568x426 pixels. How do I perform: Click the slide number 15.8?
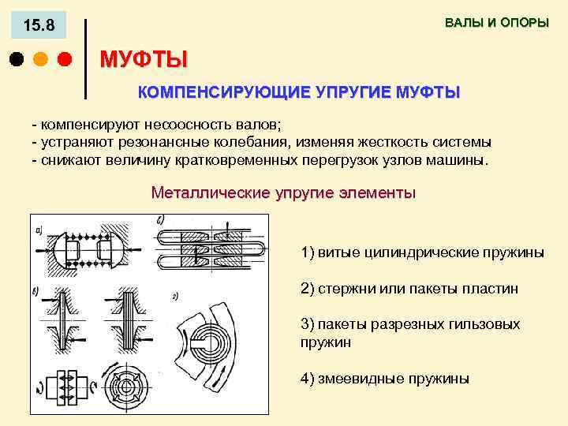pos(39,26)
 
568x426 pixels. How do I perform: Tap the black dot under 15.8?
pos(16,59)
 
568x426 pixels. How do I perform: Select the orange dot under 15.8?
pos(40,59)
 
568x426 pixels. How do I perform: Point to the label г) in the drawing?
pos(175,296)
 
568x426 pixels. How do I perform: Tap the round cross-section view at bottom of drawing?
pos(121,387)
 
